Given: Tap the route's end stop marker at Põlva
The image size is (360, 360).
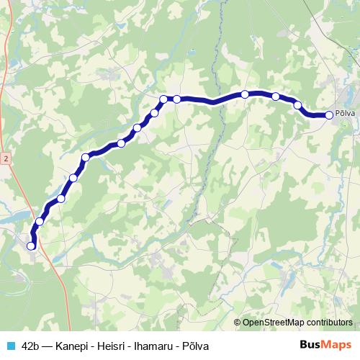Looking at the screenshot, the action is point(329,114).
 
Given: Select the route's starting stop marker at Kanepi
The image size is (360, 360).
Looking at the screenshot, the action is point(31,246).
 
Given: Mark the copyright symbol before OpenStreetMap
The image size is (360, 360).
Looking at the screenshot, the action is point(238,322).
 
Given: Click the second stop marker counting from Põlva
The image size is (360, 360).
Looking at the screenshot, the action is point(297,105).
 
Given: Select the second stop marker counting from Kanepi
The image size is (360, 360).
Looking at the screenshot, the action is point(40,222).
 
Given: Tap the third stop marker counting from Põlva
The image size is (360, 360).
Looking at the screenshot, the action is point(276,96).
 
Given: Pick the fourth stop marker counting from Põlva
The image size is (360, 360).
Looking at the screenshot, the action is point(245,94).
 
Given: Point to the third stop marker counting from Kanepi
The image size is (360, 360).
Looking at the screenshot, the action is point(61,199).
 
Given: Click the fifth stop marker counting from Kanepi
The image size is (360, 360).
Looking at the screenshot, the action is point(86,157).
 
